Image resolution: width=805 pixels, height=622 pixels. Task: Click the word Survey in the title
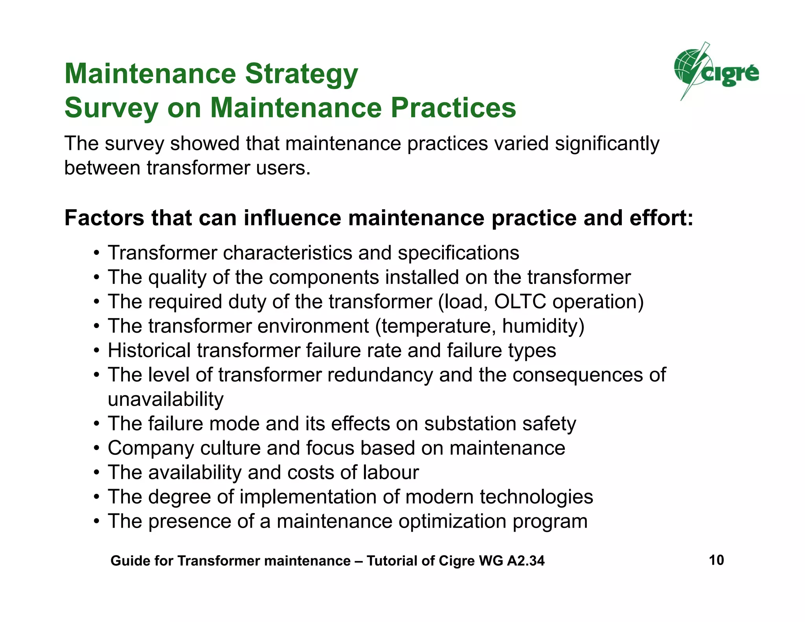pos(111,108)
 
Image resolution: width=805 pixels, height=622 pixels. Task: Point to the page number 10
pos(716,560)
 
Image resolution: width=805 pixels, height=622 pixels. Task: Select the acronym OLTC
pos(520,302)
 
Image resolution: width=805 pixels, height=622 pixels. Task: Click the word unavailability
pos(165,399)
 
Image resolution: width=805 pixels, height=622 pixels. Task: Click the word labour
pos(391,473)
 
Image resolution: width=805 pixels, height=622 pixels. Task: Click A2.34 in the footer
pos(526,561)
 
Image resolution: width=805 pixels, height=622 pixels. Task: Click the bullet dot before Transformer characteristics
pos(96,253)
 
